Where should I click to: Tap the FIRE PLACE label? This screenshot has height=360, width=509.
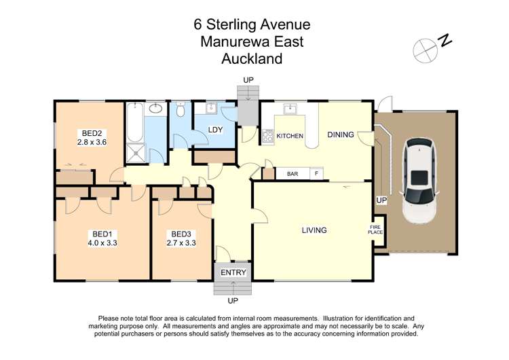(376, 230)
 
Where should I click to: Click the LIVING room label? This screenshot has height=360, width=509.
(314, 230)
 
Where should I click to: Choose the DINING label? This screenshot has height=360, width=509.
(341, 134)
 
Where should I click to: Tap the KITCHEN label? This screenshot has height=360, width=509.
(290, 137)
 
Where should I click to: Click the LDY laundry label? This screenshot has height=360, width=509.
(216, 130)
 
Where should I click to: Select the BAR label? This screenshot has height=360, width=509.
(293, 174)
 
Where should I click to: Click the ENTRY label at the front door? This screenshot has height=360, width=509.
(233, 272)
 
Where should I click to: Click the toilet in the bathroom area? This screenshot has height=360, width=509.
(181, 111)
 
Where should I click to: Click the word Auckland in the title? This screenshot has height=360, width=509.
(252, 59)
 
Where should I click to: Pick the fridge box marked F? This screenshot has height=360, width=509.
(315, 174)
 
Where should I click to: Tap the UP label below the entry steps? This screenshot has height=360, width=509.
(233, 300)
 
